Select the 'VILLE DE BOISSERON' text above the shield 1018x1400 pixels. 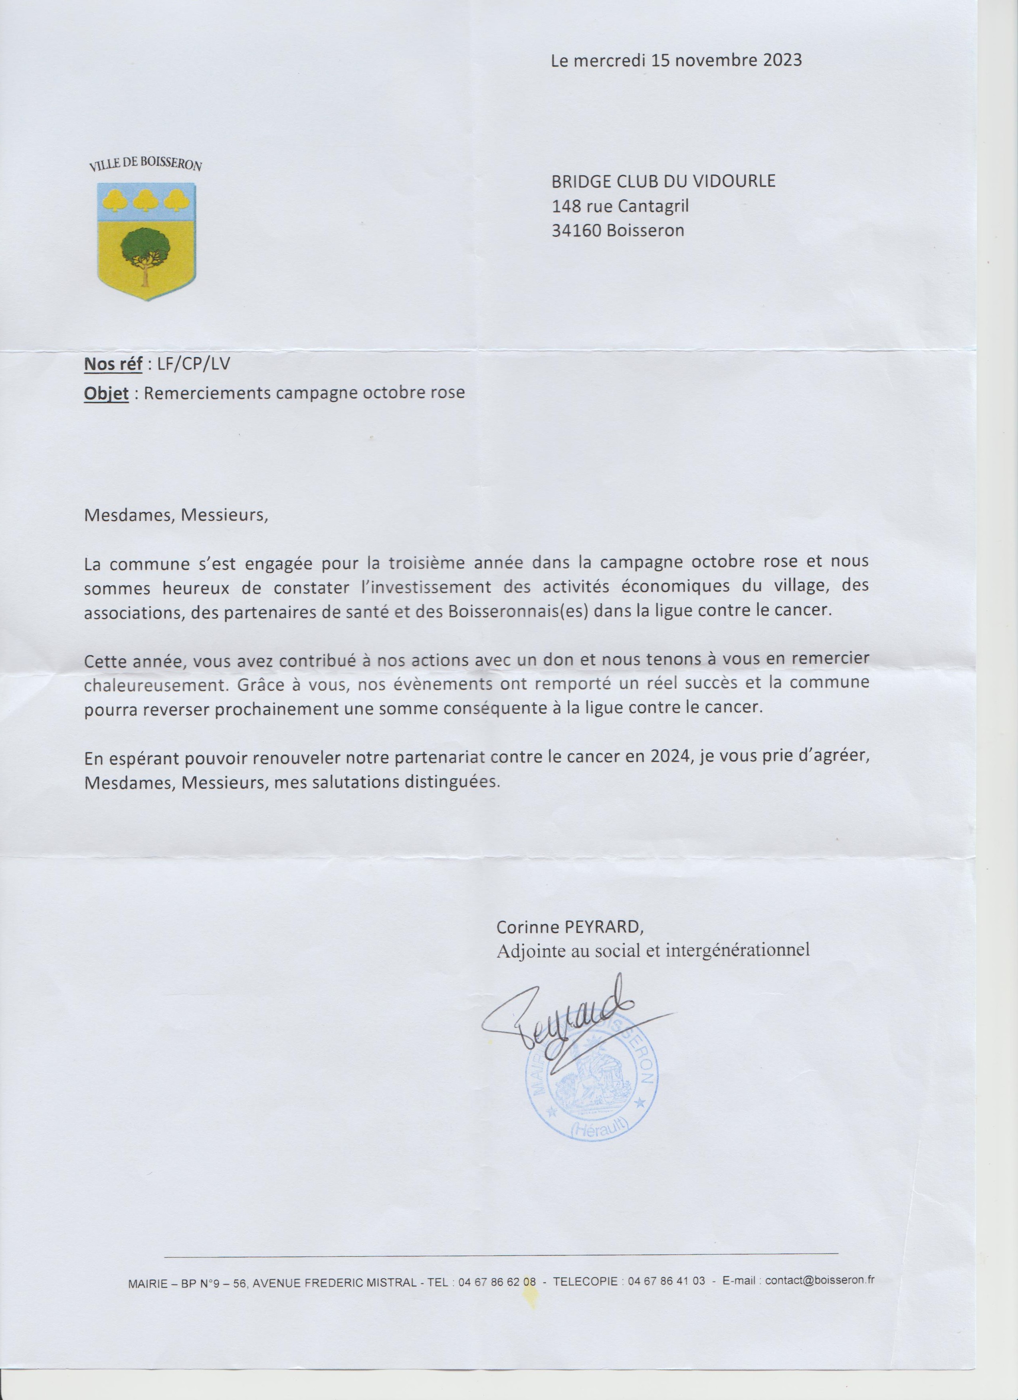pyautogui.click(x=146, y=164)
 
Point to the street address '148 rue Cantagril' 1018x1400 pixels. pyautogui.click(x=620, y=206)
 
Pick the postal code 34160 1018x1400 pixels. pyautogui.click(x=576, y=231)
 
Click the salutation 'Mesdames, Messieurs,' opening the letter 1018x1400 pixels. pyautogui.click(x=176, y=515)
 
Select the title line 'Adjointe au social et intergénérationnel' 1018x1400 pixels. pyautogui.click(x=653, y=950)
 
